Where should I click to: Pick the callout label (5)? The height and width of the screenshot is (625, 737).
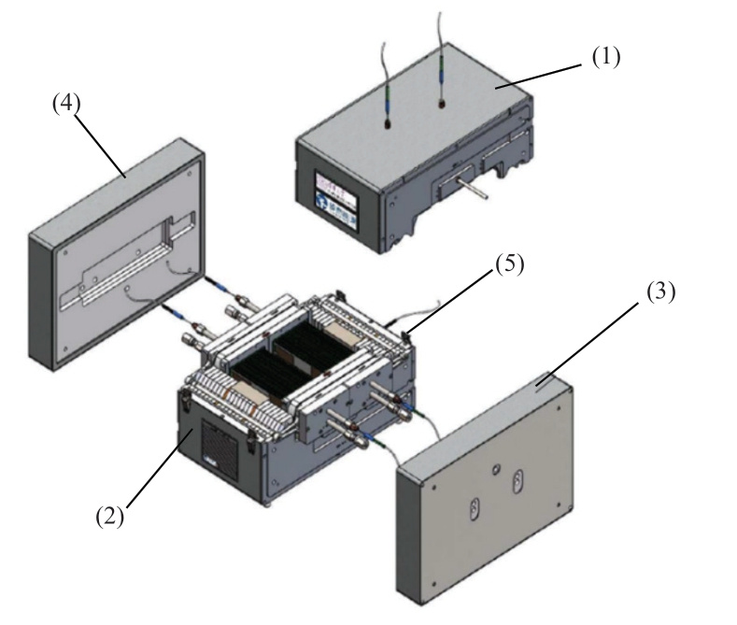click(x=510, y=264)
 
